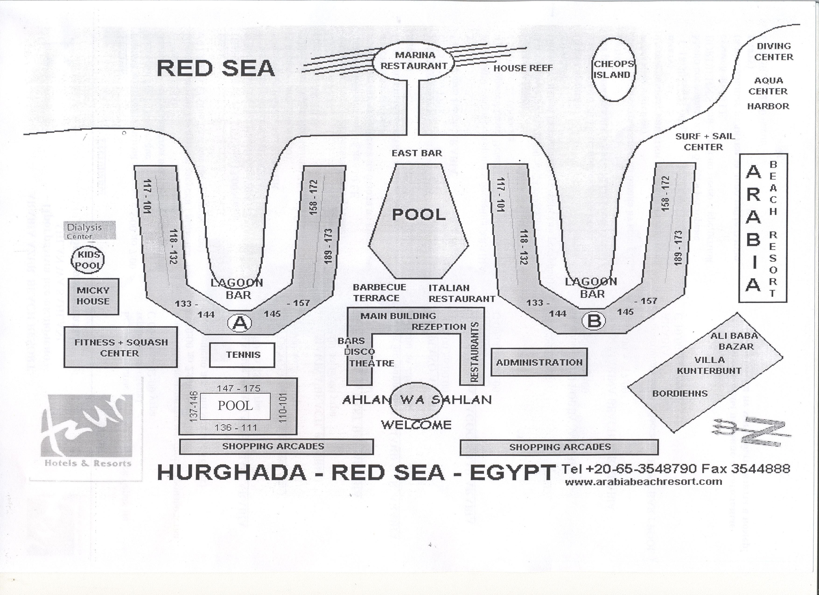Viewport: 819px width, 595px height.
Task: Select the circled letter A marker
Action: [239, 323]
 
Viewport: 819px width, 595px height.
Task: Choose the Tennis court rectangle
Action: [242, 355]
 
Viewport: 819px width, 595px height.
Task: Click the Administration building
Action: [539, 362]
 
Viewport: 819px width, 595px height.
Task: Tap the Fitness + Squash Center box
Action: [121, 347]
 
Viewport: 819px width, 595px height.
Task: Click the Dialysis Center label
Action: [90, 230]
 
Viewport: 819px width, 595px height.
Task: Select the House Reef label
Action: [523, 68]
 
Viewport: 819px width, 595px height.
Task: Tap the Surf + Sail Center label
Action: [704, 142]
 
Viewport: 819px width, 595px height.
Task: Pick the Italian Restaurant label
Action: [462, 293]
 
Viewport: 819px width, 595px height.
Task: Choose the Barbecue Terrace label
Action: [379, 292]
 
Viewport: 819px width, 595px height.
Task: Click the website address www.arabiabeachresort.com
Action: [644, 482]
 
